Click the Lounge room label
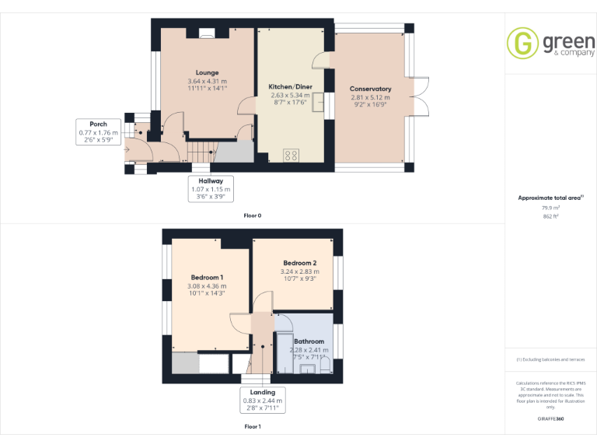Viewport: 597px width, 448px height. (x=207, y=72)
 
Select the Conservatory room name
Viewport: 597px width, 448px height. (x=370, y=89)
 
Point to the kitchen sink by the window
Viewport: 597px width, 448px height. (x=317, y=103)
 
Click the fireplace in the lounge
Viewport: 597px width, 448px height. (x=208, y=33)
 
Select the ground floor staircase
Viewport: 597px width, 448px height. (x=201, y=152)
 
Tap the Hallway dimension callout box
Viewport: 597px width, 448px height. (x=211, y=189)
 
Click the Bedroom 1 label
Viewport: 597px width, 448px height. (x=208, y=278)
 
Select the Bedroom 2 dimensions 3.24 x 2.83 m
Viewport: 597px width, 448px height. (x=299, y=271)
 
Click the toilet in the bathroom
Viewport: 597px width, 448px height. (x=325, y=366)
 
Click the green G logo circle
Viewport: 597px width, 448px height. (x=522, y=43)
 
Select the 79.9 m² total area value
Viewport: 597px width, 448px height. (x=550, y=208)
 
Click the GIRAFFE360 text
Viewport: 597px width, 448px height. (x=550, y=418)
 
